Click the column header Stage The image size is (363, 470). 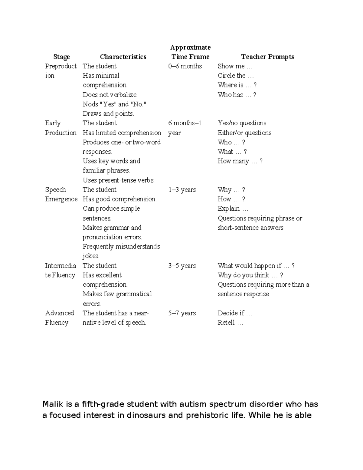61,57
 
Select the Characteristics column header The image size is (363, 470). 123,57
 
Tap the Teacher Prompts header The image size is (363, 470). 267,57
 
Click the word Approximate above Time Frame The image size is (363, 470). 190,48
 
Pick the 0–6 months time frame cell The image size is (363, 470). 185,66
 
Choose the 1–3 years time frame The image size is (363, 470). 182,190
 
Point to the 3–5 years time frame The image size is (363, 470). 182,266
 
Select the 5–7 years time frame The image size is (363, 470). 182,313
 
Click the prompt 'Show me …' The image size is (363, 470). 235,66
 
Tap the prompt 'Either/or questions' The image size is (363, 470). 244,133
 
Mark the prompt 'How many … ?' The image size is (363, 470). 240,161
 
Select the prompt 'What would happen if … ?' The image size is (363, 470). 256,266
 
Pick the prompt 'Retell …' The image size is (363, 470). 230,323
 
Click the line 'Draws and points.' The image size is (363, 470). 108,114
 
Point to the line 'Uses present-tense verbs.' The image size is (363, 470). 119,180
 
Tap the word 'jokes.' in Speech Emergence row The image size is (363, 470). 91,256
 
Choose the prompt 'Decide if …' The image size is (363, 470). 234,313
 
